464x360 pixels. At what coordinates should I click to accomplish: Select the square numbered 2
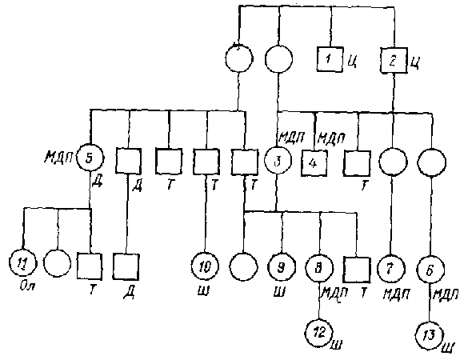[x=394, y=58]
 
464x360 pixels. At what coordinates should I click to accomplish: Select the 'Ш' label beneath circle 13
[x=448, y=348]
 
